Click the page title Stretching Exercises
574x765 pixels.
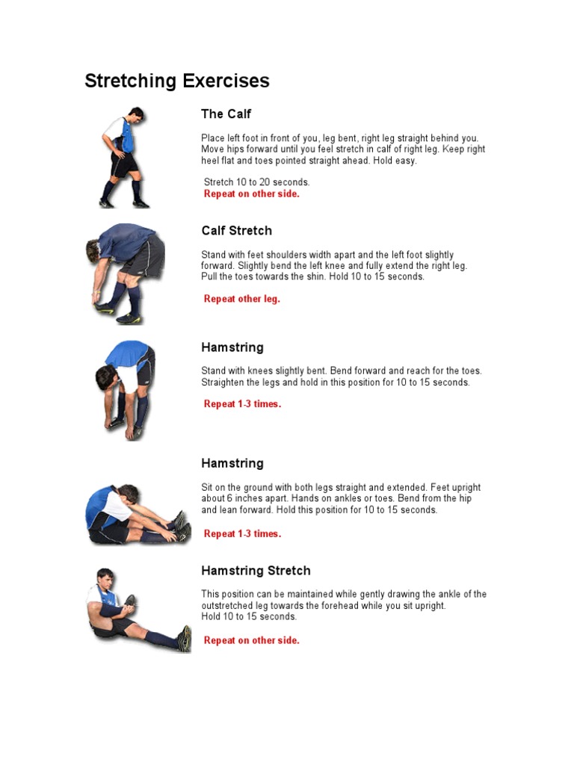click(177, 81)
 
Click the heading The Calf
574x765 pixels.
click(226, 114)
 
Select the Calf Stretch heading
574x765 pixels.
click(236, 231)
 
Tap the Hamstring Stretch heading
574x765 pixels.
click(256, 571)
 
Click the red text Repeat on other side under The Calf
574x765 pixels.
click(251, 194)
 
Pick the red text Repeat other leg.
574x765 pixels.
click(241, 300)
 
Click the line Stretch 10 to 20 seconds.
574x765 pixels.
click(256, 182)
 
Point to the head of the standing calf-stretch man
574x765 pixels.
click(135, 114)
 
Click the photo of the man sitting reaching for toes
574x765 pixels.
click(137, 515)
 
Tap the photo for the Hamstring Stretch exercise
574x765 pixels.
click(138, 608)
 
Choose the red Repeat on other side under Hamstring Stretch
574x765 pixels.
click(251, 640)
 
